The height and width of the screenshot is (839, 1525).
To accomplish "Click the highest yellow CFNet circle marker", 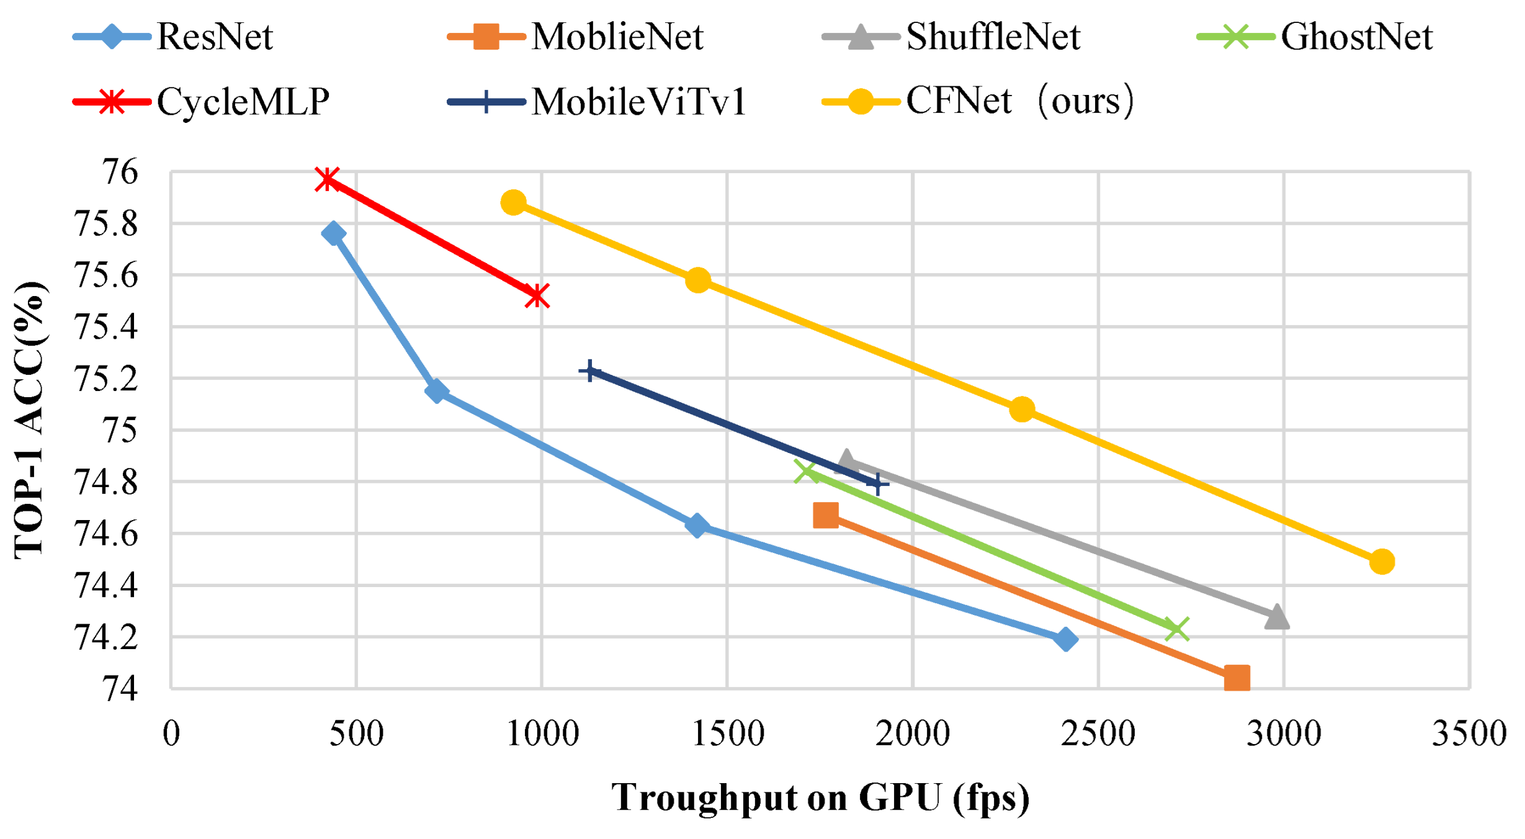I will pyautogui.click(x=513, y=202).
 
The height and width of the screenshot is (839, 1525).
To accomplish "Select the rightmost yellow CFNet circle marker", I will pyautogui.click(x=1382, y=562).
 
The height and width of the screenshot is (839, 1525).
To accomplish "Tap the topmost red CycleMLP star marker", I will pyautogui.click(x=327, y=179).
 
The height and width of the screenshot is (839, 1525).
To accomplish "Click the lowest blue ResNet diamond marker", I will pyautogui.click(x=1066, y=639).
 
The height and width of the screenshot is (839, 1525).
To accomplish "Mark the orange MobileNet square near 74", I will pyautogui.click(x=1237, y=678).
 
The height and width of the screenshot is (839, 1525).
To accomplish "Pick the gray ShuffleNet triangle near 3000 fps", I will pyautogui.click(x=1276, y=617).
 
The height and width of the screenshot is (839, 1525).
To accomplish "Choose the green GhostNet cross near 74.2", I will pyautogui.click(x=1176, y=629).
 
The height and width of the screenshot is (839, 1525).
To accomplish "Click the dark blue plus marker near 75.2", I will pyautogui.click(x=589, y=371).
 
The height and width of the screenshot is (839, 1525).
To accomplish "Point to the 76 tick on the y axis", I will pyautogui.click(x=121, y=172).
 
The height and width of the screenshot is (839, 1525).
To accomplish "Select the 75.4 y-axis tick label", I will pyautogui.click(x=106, y=327).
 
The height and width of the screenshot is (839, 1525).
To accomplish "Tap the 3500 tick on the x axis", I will pyautogui.click(x=1469, y=734).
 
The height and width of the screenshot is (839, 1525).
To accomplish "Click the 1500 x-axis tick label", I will pyautogui.click(x=727, y=734).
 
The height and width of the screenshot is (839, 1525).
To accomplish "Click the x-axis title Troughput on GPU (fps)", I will pyautogui.click(x=820, y=797).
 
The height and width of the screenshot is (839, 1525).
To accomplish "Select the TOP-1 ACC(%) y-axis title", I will pyautogui.click(x=29, y=421).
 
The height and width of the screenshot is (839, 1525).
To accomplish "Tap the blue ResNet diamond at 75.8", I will pyautogui.click(x=333, y=233).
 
